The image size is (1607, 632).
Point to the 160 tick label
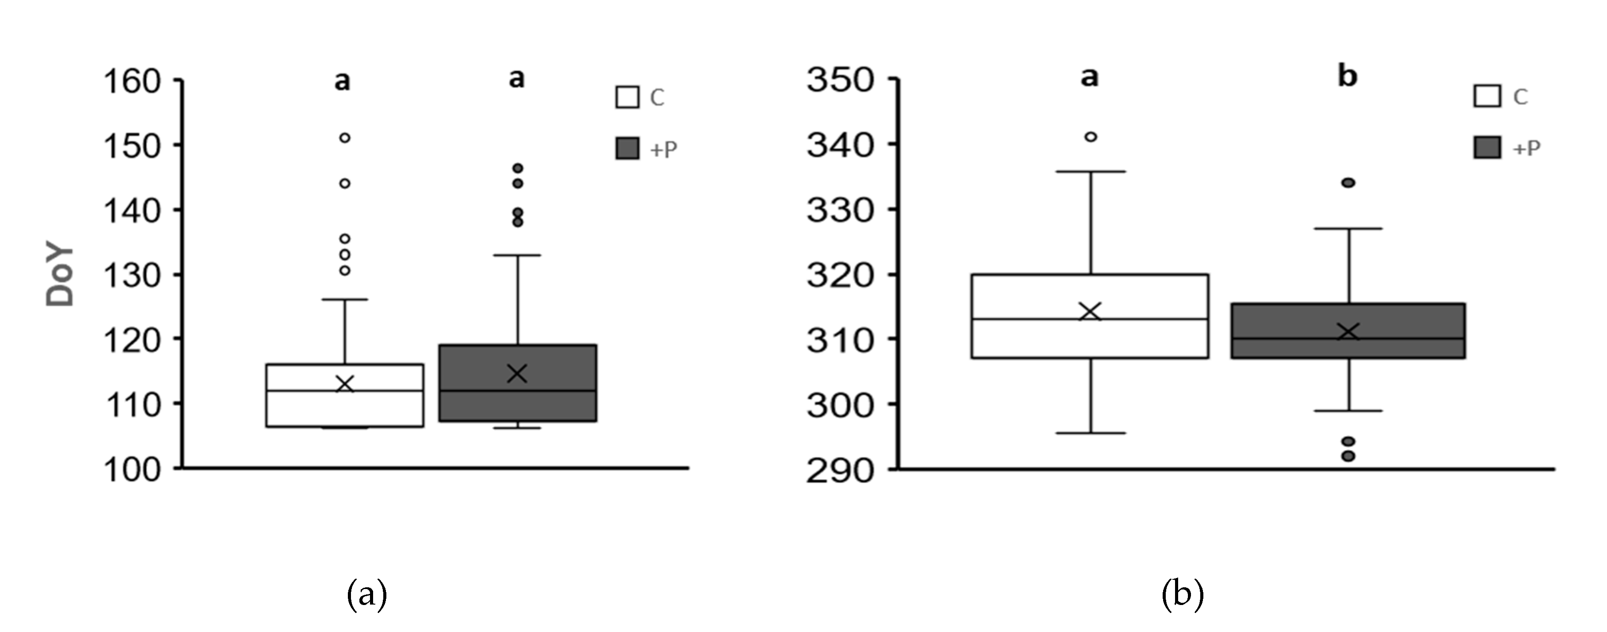point(132,82)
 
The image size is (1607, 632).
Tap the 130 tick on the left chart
point(132,275)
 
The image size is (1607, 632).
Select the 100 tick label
point(132,469)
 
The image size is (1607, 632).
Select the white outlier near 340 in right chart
point(1091,137)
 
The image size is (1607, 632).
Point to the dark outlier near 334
point(1348,183)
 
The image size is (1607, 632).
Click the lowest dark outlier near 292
point(1348,456)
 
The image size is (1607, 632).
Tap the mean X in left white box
point(344,384)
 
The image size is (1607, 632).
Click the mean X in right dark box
point(1349,331)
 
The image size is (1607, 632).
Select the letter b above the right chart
point(1348,77)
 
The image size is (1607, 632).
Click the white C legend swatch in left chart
point(627,97)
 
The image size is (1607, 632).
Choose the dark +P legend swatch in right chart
point(1487,148)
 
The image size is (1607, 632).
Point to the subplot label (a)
point(367,594)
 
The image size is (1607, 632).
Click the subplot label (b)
point(1182,594)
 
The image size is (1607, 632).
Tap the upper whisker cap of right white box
point(1091,172)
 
